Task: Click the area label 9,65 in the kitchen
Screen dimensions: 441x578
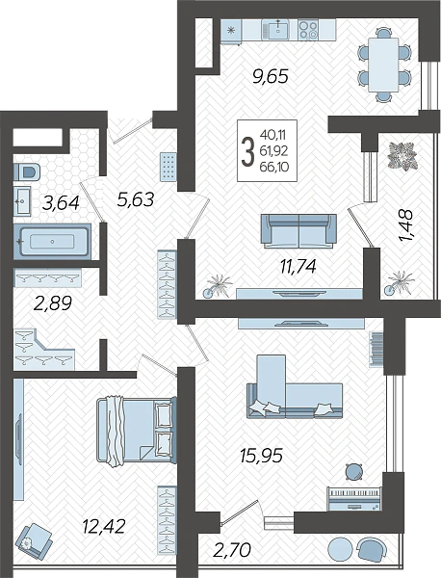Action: point(270,77)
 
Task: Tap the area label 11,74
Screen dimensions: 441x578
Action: point(298,267)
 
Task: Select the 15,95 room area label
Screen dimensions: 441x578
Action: point(261,456)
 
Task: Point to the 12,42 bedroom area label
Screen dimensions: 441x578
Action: point(104,526)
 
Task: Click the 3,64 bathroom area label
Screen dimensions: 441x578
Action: point(61,203)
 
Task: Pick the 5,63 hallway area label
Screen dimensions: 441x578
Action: point(135,199)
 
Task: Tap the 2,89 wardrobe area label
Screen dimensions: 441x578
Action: point(53,303)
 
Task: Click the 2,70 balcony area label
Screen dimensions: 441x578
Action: point(232,550)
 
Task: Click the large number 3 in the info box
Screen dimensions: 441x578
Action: point(248,151)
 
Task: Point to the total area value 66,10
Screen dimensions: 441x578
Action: point(274,167)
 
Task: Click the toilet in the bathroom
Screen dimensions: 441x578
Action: point(27,171)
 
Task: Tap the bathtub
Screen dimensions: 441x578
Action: point(52,242)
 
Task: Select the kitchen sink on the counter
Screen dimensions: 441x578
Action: point(275,30)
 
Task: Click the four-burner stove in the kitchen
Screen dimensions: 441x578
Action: point(308,30)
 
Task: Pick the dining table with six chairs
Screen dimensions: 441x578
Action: point(383,65)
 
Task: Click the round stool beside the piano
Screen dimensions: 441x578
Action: point(354,472)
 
